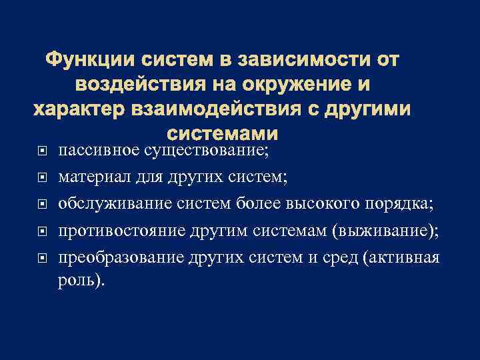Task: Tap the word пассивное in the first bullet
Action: point(99,149)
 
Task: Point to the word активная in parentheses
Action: point(407,257)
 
